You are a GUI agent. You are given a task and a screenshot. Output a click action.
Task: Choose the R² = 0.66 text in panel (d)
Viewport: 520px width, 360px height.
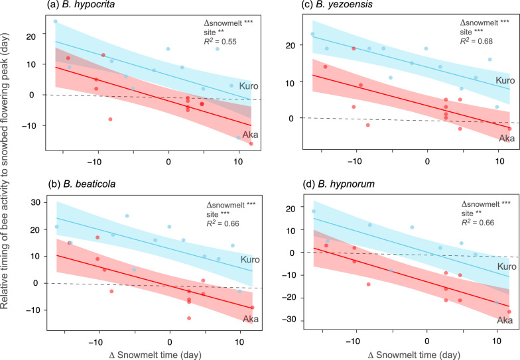click(481, 216)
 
